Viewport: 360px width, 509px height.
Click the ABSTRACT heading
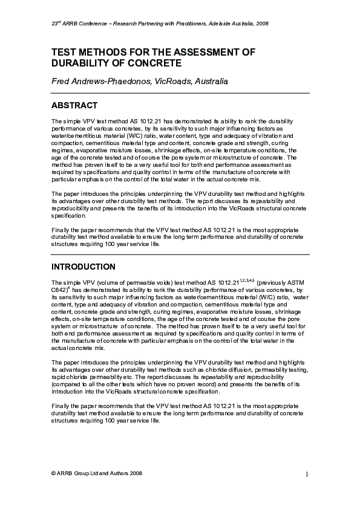(x=74, y=105)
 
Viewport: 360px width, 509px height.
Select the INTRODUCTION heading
(x=83, y=267)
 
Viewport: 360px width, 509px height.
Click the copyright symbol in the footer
(x=54, y=473)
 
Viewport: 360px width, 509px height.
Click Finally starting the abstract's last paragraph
(x=61, y=230)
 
